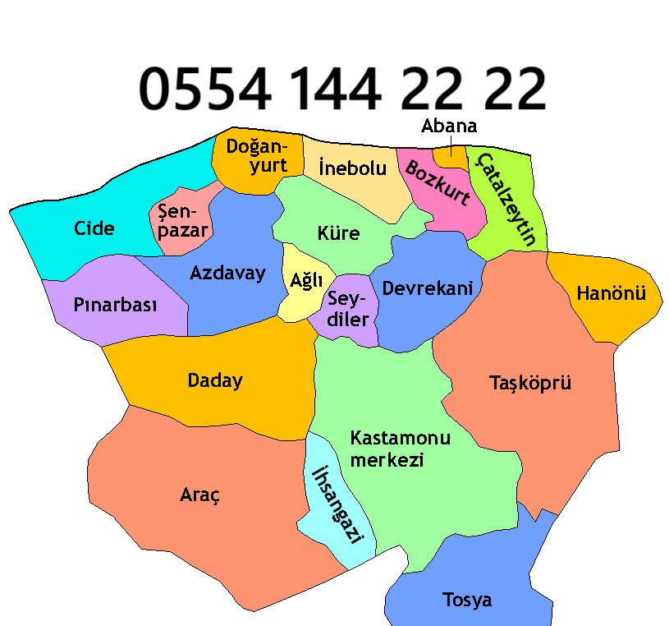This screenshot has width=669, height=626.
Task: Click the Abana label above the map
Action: tap(449, 127)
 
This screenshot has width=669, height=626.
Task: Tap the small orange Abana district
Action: tap(449, 154)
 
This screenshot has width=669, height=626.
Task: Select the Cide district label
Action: tap(94, 228)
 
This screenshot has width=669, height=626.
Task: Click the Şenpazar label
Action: tap(183, 220)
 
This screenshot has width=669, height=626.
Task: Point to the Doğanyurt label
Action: tap(257, 155)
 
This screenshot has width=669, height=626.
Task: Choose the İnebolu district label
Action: tap(351, 168)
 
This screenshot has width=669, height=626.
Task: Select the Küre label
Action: tap(338, 232)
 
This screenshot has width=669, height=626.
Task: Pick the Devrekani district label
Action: tap(428, 288)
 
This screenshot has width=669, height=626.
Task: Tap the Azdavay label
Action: tap(227, 273)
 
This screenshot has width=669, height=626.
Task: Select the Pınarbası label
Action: tap(115, 305)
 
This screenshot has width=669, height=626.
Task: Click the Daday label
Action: tap(215, 380)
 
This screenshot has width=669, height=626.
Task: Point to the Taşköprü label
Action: tap(529, 382)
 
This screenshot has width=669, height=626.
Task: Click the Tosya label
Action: tap(467, 600)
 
